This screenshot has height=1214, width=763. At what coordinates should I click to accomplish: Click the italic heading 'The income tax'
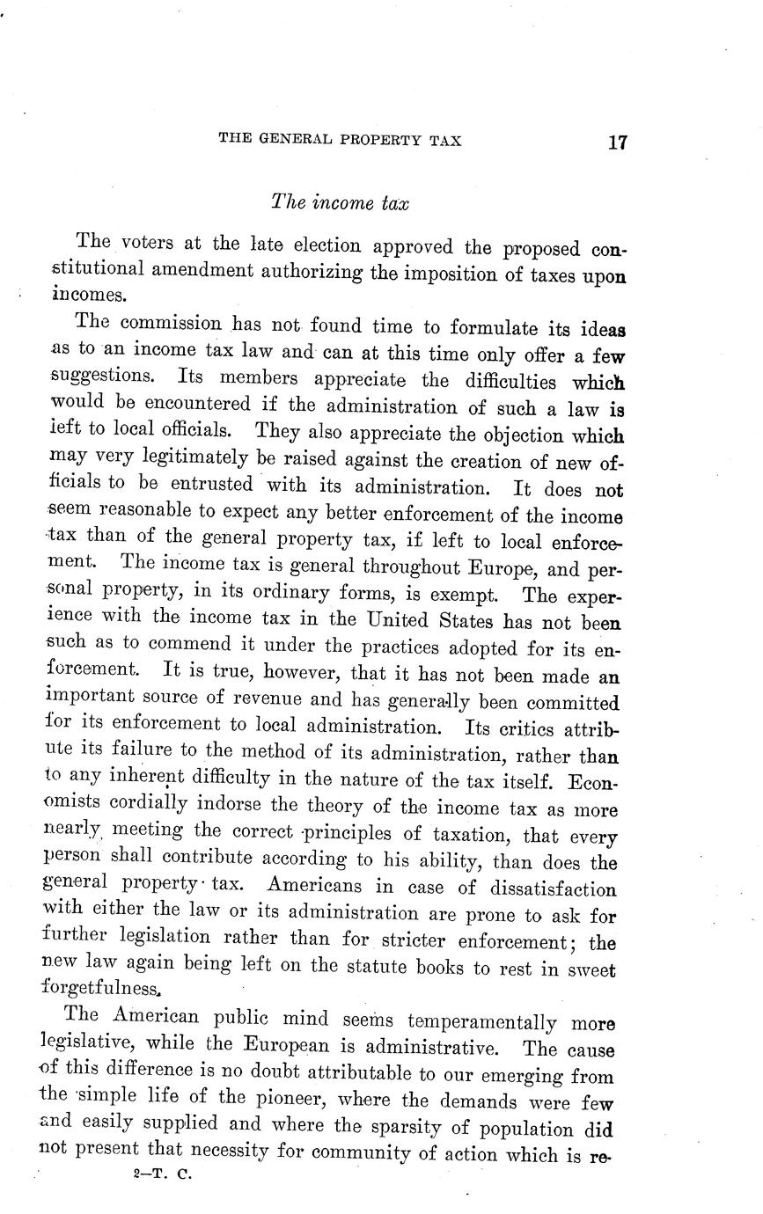click(x=340, y=202)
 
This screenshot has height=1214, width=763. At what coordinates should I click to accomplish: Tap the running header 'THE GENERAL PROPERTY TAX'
click(x=340, y=140)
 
